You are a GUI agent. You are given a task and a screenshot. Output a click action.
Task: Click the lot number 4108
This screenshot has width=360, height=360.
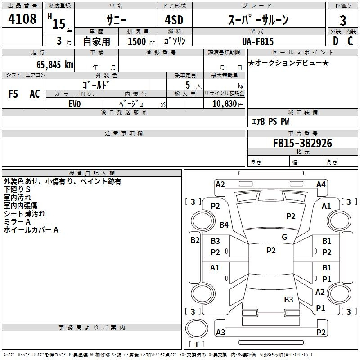click(x=22, y=18)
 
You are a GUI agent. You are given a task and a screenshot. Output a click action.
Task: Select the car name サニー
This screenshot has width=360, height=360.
click(x=117, y=20)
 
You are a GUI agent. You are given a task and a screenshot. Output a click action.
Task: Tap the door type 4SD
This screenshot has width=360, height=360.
click(x=174, y=20)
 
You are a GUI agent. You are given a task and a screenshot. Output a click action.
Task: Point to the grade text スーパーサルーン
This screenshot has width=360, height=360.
click(x=258, y=20)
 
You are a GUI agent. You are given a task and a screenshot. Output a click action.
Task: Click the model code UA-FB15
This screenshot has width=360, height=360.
click(x=258, y=41)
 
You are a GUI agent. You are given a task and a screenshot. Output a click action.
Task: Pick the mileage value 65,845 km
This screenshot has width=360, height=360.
click(x=55, y=64)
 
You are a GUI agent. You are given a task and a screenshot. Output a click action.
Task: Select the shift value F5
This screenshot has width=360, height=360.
click(x=13, y=94)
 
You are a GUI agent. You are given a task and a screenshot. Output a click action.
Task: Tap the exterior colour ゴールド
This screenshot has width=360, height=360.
click(x=96, y=85)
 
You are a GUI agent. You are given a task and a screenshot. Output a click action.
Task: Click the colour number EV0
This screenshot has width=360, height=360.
click(x=75, y=104)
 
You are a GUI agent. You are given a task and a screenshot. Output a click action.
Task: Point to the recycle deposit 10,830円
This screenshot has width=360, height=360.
click(x=228, y=104)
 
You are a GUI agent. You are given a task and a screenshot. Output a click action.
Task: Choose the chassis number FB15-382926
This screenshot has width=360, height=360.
click(x=302, y=143)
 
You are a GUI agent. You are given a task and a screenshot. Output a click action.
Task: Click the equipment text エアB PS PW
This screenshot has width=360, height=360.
click(x=270, y=121)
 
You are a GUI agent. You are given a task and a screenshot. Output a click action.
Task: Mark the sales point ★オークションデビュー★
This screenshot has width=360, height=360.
click(x=288, y=63)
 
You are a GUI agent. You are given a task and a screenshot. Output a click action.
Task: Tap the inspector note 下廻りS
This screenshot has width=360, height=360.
click(x=17, y=189)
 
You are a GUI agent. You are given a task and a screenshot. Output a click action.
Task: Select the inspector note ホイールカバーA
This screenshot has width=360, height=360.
click(x=31, y=230)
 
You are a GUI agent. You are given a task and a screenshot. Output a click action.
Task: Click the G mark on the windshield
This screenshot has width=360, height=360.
click(x=284, y=237)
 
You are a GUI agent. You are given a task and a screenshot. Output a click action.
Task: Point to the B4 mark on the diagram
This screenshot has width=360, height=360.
click(x=224, y=225)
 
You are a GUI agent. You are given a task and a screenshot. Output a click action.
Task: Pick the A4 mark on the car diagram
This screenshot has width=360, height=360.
click(x=321, y=184)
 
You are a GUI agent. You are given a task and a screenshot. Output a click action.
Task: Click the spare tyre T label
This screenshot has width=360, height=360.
click(x=197, y=344)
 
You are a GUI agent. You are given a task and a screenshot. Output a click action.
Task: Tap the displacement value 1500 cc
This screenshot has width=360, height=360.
click(x=141, y=41)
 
